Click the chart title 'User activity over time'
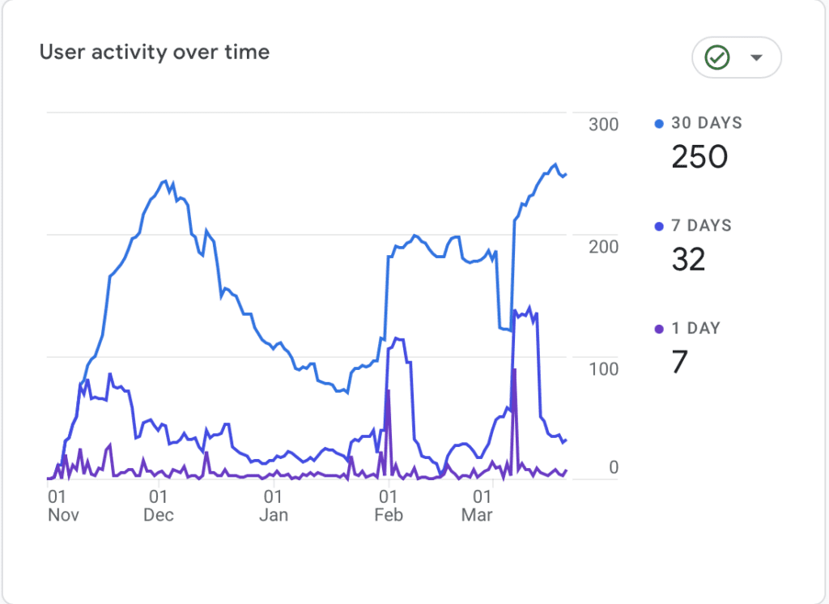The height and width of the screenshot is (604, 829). click(155, 53)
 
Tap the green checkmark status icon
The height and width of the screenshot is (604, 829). click(717, 57)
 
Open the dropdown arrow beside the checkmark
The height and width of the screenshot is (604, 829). click(757, 57)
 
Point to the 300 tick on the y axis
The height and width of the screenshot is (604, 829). click(603, 125)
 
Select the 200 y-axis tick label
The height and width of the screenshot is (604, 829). click(603, 246)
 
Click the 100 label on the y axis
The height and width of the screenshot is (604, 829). click(603, 368)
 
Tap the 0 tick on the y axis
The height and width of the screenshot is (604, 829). click(613, 467)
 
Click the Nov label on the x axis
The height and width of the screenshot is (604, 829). click(63, 516)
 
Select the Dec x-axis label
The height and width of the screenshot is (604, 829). click(159, 516)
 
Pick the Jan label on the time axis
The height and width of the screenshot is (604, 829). click(274, 516)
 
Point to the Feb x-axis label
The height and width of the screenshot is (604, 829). click(389, 516)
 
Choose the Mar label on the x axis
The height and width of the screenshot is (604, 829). click(477, 516)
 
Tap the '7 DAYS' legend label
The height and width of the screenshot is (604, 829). click(701, 226)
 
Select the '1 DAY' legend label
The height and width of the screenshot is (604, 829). click(695, 329)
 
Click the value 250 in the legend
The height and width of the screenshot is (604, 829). click(699, 156)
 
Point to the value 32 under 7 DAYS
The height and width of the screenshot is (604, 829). click(688, 259)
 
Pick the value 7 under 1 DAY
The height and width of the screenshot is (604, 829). click(679, 362)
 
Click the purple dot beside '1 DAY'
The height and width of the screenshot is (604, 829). click(659, 329)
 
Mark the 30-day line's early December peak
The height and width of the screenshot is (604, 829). click(165, 181)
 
